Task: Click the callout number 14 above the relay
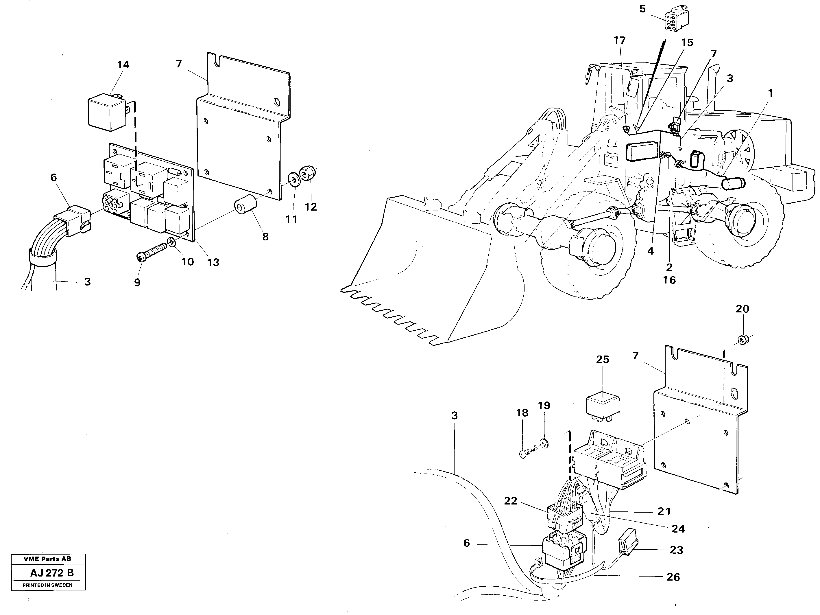pos(123,65)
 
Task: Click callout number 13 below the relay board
pos(213,262)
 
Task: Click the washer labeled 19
pos(544,443)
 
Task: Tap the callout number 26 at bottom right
pos(673,577)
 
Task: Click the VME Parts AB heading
pos(47,559)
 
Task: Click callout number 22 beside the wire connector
pos(510,501)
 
